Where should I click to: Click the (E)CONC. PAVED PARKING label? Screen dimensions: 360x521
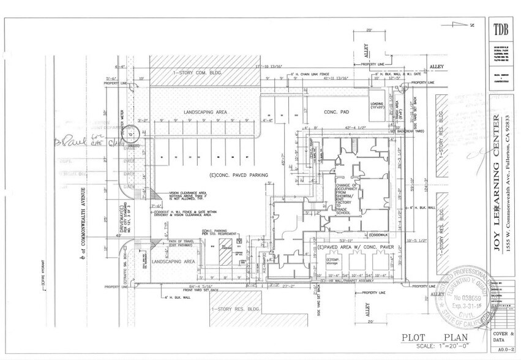coord(239,176)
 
